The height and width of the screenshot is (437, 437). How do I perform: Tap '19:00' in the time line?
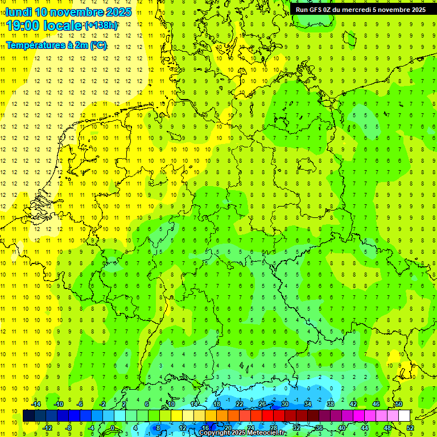pos(24,26)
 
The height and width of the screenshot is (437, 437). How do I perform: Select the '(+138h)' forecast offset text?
pos(101,26)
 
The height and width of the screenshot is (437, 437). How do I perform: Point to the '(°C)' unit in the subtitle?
pos(97,46)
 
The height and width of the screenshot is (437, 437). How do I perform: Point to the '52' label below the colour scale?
pos(411,428)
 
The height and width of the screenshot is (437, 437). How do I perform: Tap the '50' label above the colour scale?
pos(399,404)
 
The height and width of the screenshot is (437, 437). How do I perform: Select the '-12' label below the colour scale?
pos(48,428)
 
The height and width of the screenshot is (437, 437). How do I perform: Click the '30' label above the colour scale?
pos(285,404)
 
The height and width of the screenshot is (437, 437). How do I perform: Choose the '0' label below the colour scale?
pos(113,428)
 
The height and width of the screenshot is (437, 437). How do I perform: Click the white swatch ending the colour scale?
pos(405,416)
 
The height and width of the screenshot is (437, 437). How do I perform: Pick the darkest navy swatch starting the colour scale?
pos(28,416)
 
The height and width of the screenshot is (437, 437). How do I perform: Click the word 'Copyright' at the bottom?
pos(214,433)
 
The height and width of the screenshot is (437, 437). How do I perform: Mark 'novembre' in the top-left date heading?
pos(81,12)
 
